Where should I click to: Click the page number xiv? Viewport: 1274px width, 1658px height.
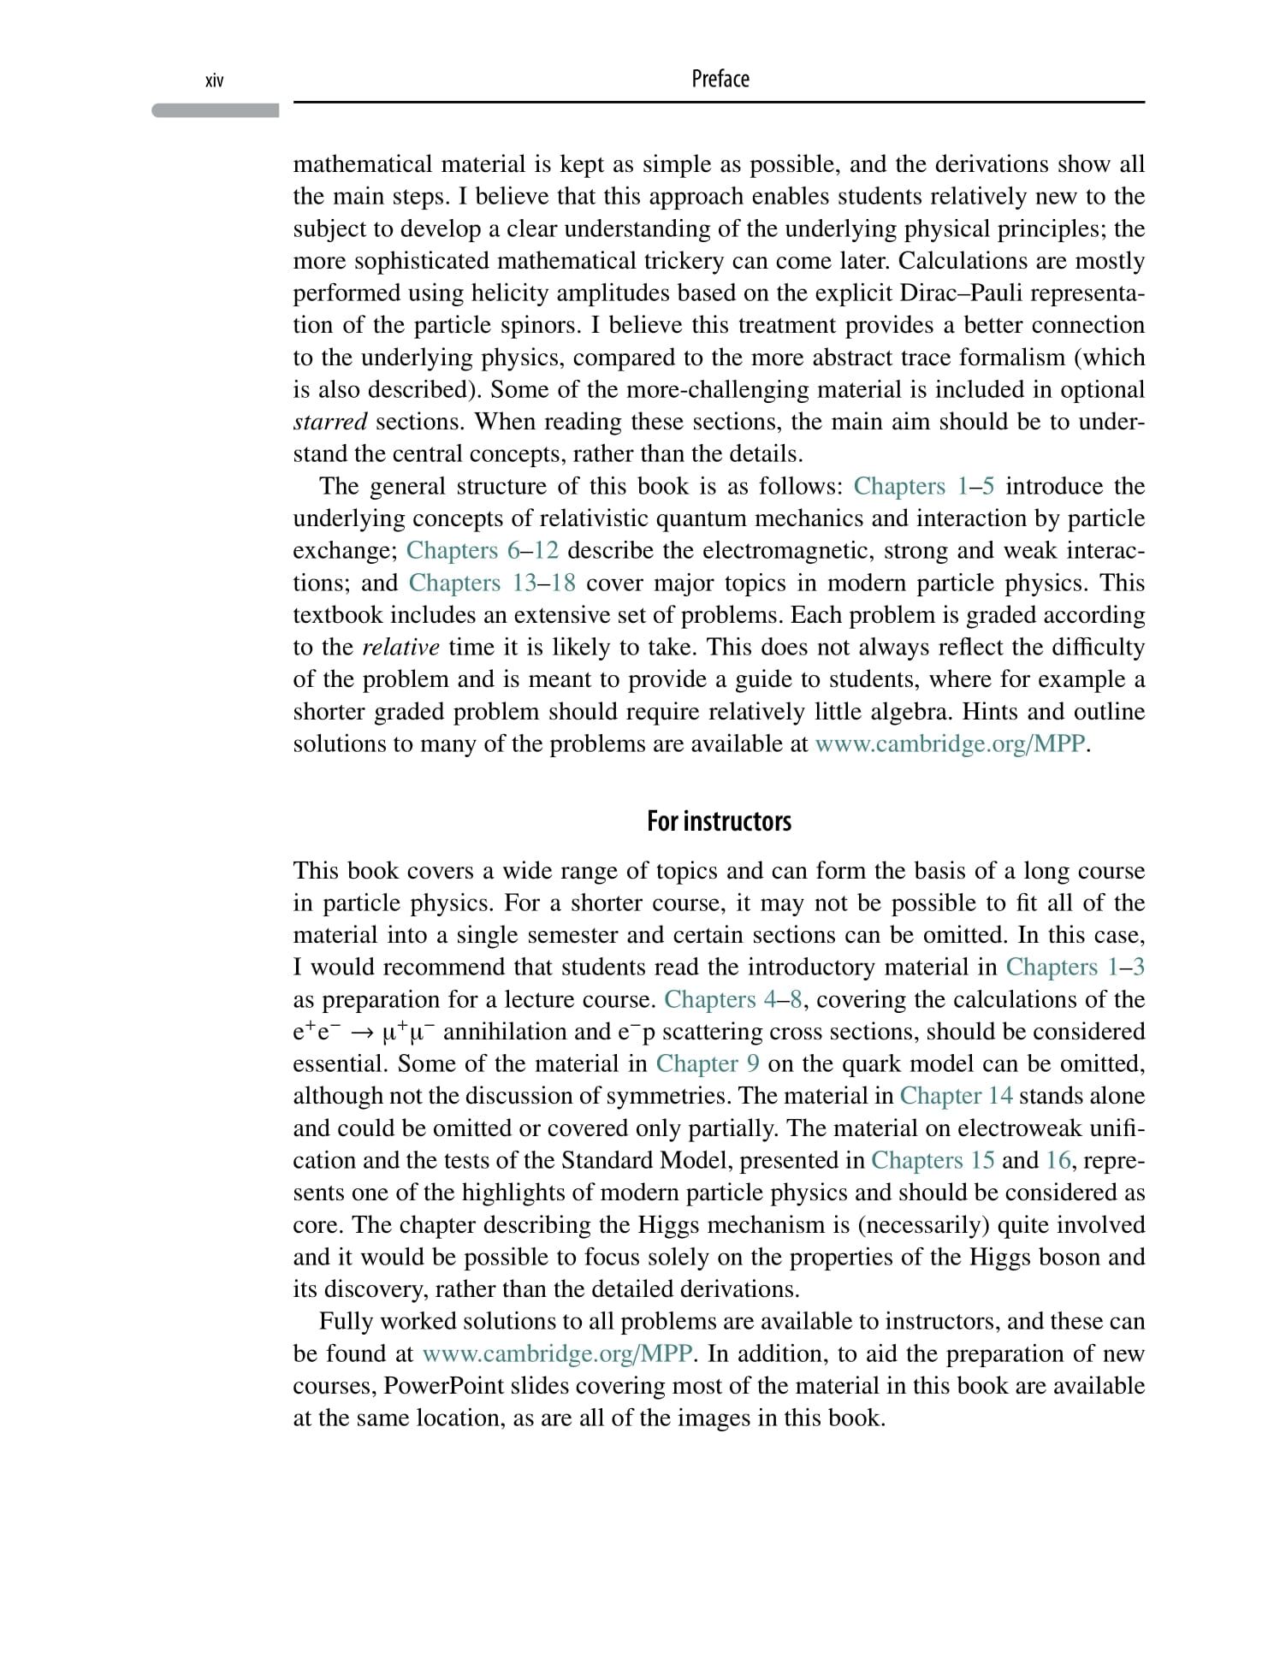point(214,81)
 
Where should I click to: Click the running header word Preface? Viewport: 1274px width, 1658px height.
point(720,80)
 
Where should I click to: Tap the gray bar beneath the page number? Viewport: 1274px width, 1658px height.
point(216,110)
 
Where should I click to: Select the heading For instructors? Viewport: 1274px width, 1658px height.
point(719,821)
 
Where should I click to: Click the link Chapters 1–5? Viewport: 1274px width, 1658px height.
point(924,486)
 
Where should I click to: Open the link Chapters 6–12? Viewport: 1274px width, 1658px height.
point(482,550)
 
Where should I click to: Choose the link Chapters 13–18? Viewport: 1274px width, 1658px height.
point(492,583)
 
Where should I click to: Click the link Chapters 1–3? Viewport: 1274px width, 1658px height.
point(1075,967)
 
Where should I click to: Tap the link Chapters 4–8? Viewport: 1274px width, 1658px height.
point(732,999)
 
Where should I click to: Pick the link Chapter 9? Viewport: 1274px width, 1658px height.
point(708,1063)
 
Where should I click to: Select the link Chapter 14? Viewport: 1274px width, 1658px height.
point(956,1096)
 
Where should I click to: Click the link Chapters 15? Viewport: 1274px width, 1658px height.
point(933,1160)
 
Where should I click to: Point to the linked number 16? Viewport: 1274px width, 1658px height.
point(1058,1160)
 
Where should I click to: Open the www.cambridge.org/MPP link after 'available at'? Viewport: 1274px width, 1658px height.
point(950,743)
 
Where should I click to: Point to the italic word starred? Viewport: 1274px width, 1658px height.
point(330,422)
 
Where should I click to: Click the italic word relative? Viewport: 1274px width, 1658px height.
point(400,647)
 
